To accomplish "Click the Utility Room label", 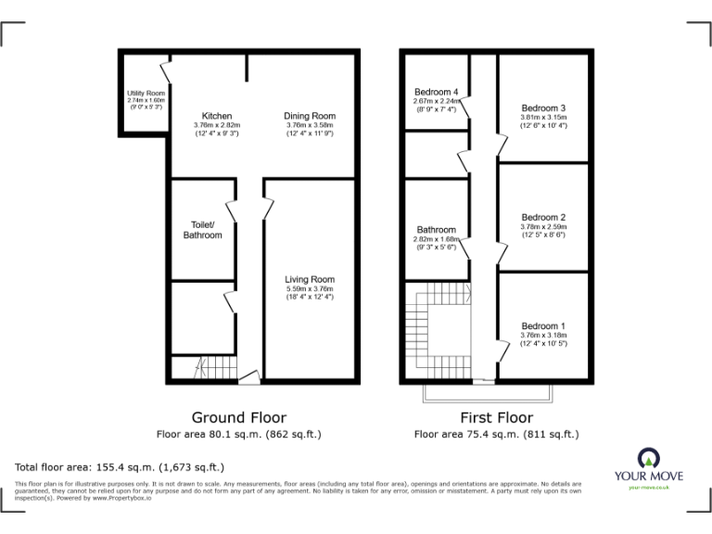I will pos(146,94).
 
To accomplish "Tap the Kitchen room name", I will pos(217,115).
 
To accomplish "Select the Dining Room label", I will pos(310,115).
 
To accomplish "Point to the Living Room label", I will pos(310,279).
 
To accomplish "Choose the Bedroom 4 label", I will pos(436,92).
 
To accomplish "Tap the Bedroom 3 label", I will pos(543,108).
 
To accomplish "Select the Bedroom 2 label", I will pos(543,217).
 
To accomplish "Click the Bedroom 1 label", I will pos(543,326).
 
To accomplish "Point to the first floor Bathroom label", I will pos(436,229).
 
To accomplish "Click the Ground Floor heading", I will pos(238,417).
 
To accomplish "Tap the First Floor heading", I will pos(496,417).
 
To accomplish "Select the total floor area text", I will pos(120,466).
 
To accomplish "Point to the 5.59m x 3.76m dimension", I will pos(310,288).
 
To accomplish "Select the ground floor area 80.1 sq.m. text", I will pos(238,433).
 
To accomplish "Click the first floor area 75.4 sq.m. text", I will pos(496,433).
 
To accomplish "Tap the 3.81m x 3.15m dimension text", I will pos(543,117).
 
